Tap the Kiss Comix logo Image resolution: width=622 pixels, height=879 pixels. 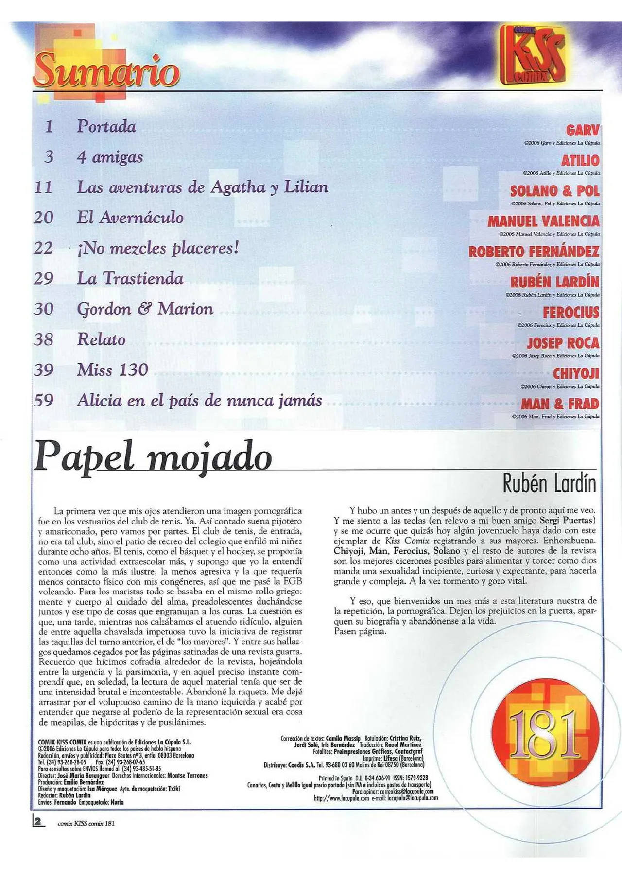533,54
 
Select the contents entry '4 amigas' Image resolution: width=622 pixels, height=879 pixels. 110,157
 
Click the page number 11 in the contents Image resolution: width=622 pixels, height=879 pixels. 43,187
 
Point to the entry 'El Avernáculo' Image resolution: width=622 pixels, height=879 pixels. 130,218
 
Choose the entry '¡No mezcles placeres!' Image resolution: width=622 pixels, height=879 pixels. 158,248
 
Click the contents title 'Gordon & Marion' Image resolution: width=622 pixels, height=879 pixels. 145,309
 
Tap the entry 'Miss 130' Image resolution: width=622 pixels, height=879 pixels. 112,370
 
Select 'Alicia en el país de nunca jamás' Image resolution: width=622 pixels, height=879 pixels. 199,401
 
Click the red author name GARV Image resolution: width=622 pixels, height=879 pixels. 583,131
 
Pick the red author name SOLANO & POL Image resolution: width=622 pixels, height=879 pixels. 555,191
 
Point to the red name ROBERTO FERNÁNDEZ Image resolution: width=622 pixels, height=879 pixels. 534,252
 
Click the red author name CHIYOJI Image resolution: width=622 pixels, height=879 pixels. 576,373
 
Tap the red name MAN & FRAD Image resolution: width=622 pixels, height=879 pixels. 560,404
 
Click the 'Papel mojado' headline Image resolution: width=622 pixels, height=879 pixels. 153,456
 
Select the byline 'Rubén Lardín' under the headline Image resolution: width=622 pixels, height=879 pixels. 549,484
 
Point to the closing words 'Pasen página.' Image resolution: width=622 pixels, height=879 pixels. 360,631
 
